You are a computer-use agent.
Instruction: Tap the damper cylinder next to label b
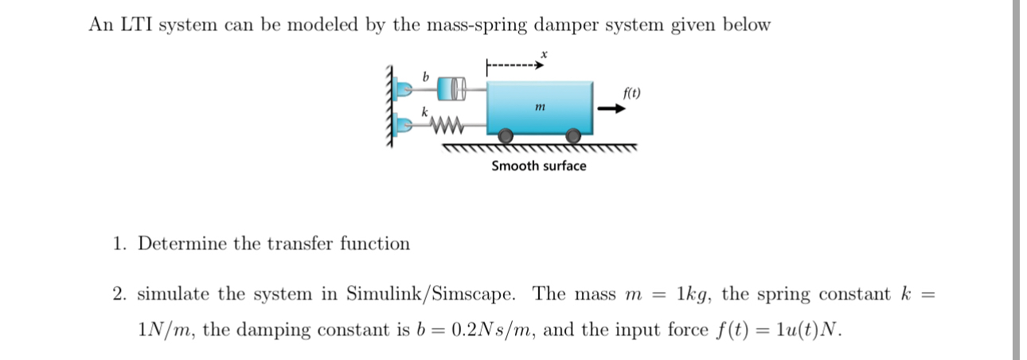[451, 88]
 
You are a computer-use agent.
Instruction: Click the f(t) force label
[632, 93]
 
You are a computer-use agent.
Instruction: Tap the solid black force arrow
[612, 111]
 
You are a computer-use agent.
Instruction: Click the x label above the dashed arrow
[543, 53]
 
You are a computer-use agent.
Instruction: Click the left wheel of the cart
[506, 139]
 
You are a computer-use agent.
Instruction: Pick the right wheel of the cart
[572, 139]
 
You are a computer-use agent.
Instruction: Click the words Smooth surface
[538, 166]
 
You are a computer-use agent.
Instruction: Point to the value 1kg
[693, 294]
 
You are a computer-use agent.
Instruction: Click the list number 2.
[119, 294]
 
